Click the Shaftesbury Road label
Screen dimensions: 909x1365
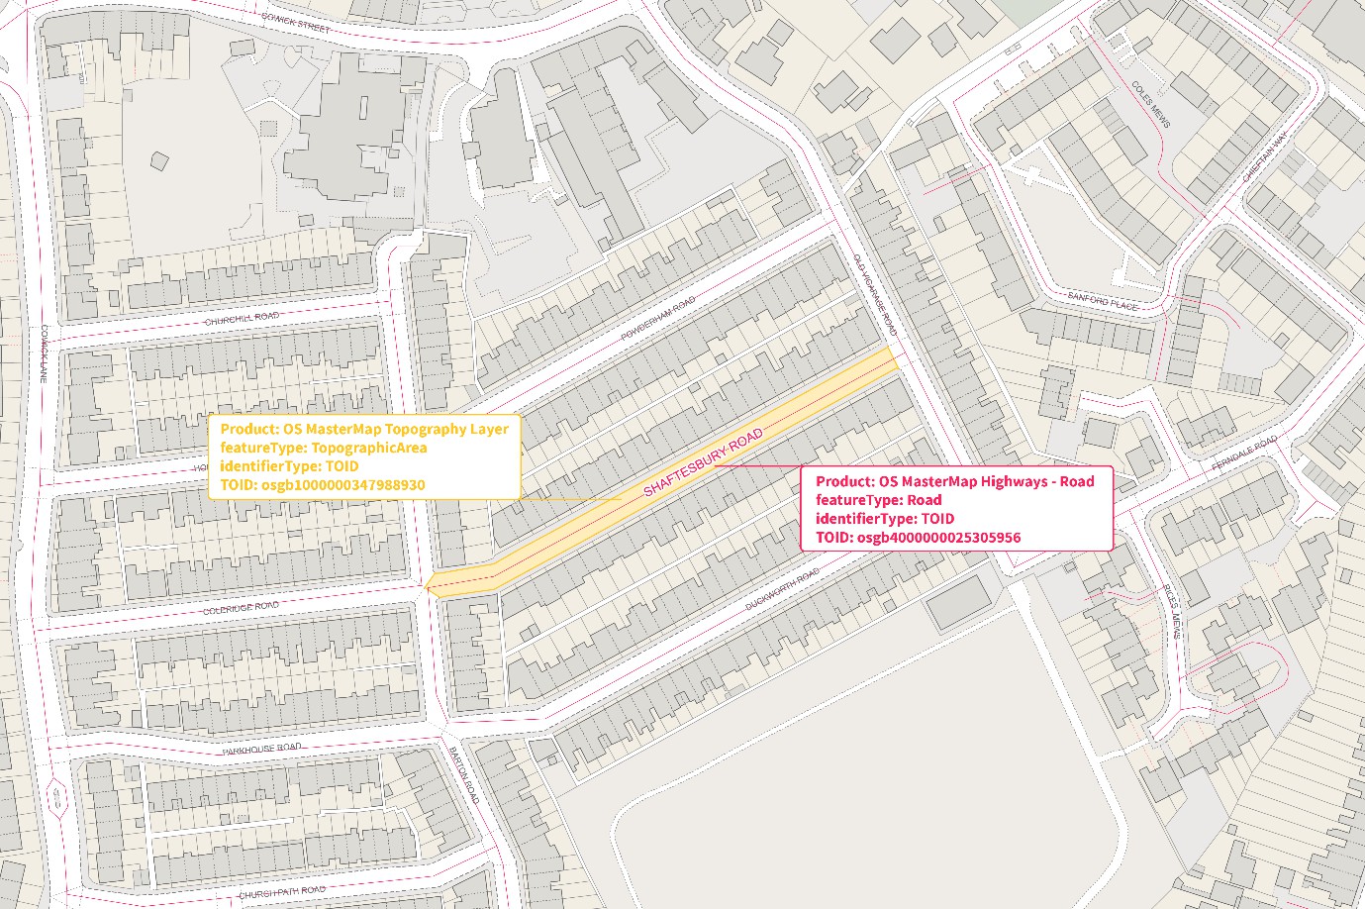point(703,463)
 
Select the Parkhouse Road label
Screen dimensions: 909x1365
point(261,749)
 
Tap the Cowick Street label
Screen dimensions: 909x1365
point(295,23)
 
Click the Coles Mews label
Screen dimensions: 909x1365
point(1150,103)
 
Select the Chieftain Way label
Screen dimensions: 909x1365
point(1264,157)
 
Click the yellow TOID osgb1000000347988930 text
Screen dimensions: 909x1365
point(323,485)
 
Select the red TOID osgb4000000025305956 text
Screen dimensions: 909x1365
point(919,538)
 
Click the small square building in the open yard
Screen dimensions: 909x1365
point(158,160)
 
